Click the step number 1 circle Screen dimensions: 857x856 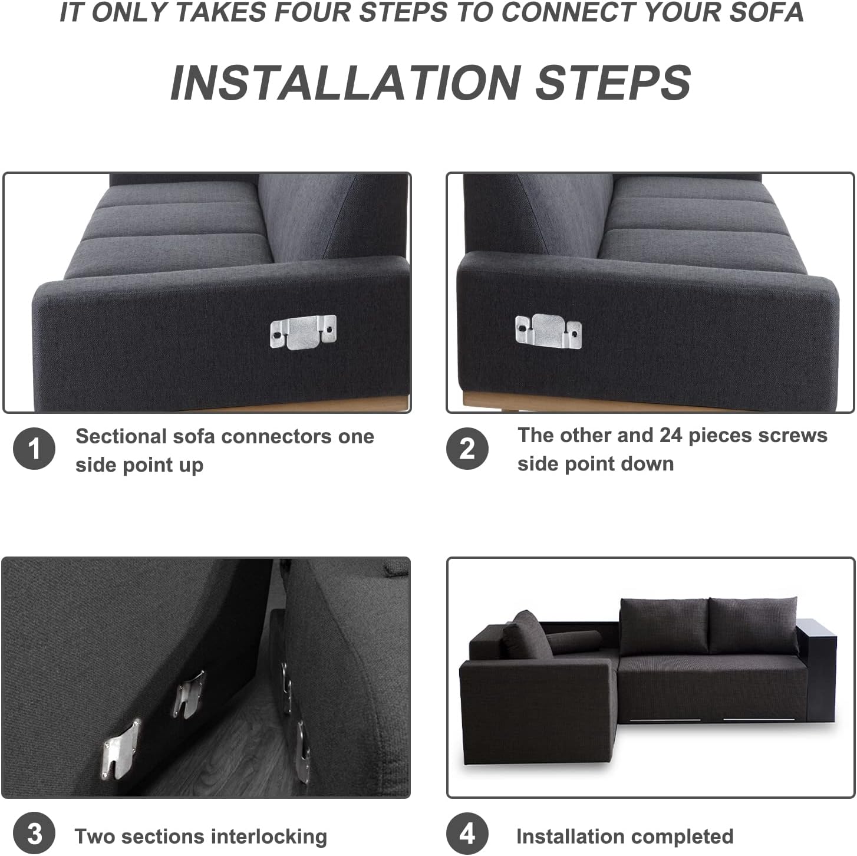[x=34, y=449]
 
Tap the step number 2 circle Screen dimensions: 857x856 [x=467, y=449]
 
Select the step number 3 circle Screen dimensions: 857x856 [x=34, y=834]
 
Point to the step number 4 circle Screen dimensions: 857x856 [x=467, y=834]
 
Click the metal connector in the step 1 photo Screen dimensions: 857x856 [x=304, y=332]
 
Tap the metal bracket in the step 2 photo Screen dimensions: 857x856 [x=548, y=331]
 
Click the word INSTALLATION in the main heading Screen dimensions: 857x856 [x=345, y=83]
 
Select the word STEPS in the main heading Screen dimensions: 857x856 [x=614, y=83]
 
